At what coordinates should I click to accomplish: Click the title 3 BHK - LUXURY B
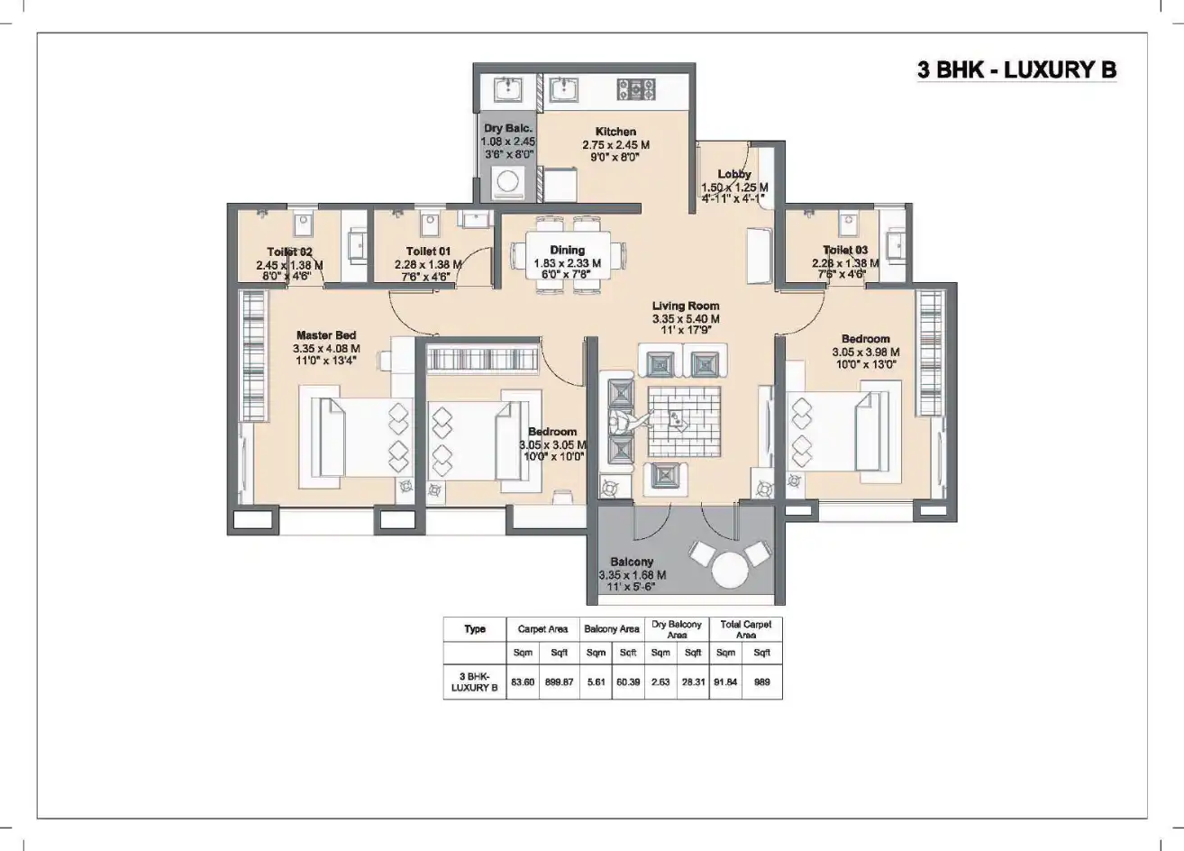point(1016,69)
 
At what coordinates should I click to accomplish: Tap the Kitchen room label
point(615,132)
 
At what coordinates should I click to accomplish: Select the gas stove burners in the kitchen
point(636,88)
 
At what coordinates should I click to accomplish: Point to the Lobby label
point(733,174)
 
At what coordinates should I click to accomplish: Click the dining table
point(568,255)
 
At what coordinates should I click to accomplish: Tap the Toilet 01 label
point(428,251)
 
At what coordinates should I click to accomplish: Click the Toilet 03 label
point(844,250)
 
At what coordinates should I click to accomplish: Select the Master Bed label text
point(326,335)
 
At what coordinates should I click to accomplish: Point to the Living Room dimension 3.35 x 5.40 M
point(686,319)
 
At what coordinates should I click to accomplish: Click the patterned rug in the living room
point(685,421)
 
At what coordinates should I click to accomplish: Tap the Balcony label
point(632,562)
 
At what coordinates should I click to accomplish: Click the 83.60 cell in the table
point(522,682)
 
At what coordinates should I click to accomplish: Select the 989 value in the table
point(762,682)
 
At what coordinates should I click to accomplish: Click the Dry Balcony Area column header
point(677,629)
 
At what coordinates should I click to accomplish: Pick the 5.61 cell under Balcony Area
point(596,682)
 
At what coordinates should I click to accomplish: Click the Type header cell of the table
point(475,629)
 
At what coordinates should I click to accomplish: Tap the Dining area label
point(568,250)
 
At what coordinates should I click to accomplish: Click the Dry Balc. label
point(508,129)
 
